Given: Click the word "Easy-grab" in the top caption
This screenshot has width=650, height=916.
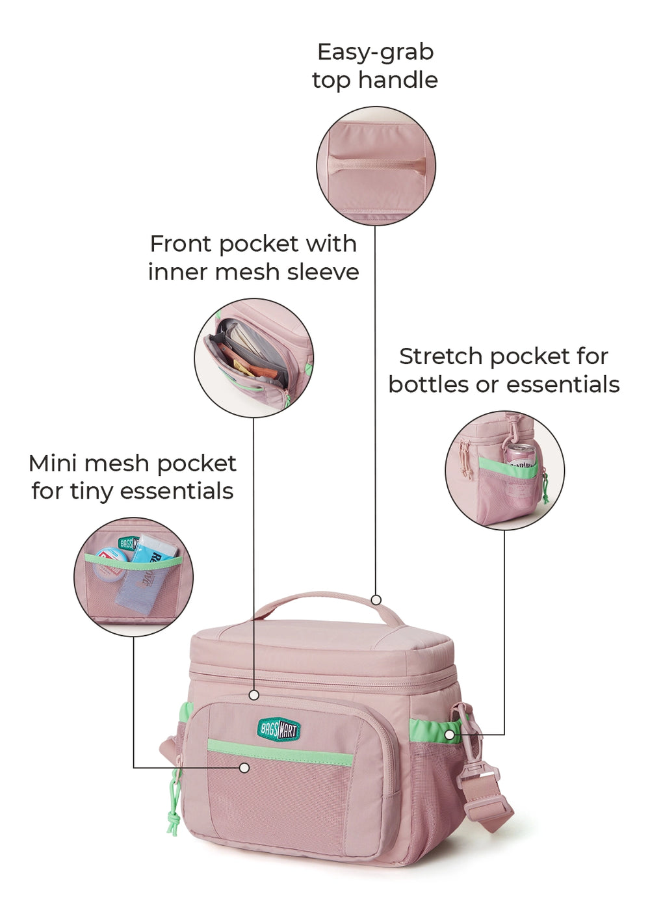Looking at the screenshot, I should coord(375,52).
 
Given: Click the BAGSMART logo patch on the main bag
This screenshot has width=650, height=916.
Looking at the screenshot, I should coord(279,729).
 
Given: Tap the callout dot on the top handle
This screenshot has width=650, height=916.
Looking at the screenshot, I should coord(376,599).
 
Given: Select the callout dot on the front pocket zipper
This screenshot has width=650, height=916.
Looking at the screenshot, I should coord(254,695).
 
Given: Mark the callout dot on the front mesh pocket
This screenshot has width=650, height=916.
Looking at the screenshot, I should coord(244,768).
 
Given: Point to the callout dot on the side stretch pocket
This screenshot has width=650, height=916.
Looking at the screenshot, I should coord(450,735).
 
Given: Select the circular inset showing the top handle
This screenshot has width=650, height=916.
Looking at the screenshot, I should coord(376,166).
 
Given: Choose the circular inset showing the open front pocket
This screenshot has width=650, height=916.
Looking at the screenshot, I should coord(253,358).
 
